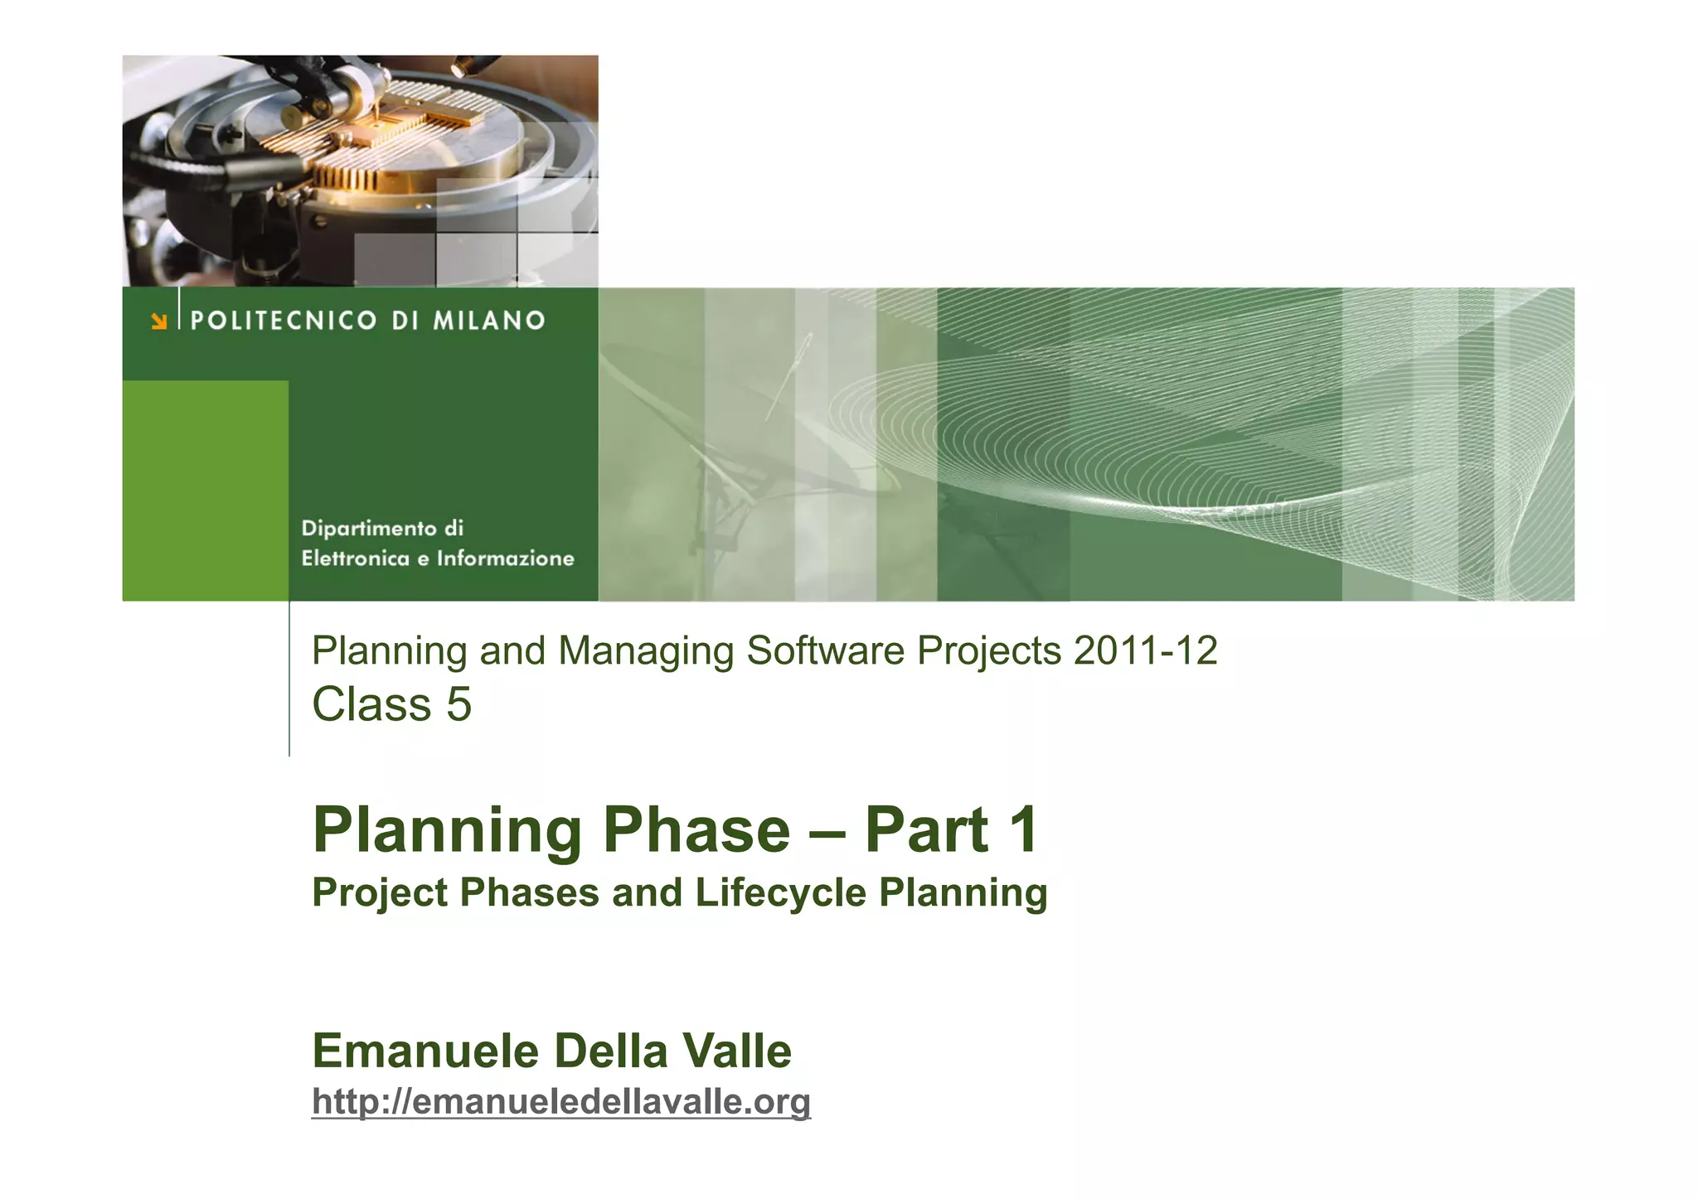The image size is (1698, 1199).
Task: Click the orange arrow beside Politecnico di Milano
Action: [x=158, y=322]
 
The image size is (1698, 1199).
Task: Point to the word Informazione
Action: [x=506, y=558]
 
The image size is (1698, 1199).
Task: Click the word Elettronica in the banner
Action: [x=356, y=558]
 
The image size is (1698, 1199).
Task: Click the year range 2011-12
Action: [x=1145, y=651]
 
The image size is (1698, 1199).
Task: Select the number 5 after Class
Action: [x=458, y=705]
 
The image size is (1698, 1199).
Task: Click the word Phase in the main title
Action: [x=696, y=830]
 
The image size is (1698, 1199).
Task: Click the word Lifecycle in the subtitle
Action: [x=781, y=893]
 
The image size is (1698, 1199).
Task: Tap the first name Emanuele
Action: [x=425, y=1052]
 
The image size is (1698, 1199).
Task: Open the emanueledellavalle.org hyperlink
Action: [x=561, y=1102]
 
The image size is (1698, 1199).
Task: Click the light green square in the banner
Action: [x=205, y=491]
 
